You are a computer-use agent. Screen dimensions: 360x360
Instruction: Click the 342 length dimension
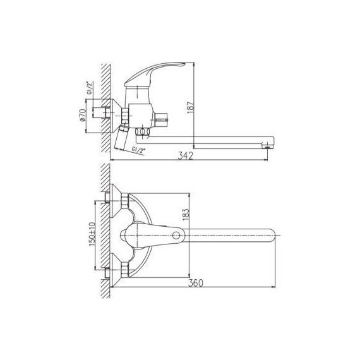(184, 156)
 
